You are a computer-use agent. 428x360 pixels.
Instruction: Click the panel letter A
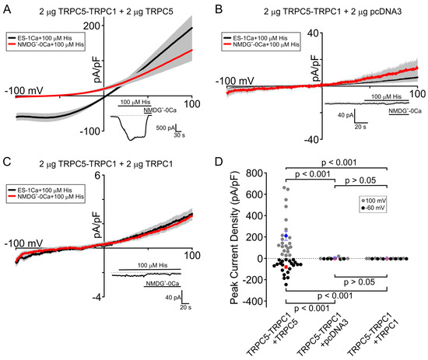pyautogui.click(x=5, y=8)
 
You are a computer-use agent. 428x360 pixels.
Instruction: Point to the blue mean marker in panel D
pyautogui.click(x=286, y=235)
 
